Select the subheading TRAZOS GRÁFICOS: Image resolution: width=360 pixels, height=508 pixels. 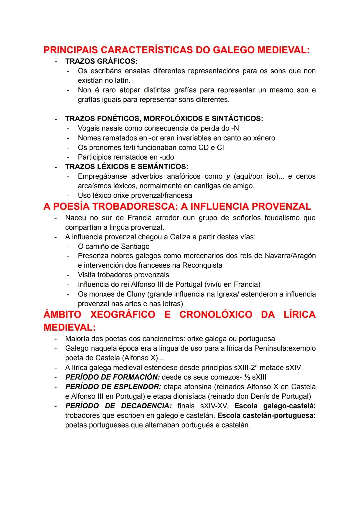101,61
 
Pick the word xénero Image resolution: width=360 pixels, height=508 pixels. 263,138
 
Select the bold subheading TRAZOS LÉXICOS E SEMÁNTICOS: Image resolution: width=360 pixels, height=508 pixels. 127,166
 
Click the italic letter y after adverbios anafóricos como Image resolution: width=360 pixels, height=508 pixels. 228,176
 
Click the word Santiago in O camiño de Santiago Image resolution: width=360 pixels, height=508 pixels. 135,247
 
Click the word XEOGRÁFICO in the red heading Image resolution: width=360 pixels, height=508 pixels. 123,315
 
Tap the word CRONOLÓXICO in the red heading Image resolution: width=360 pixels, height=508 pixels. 216,315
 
